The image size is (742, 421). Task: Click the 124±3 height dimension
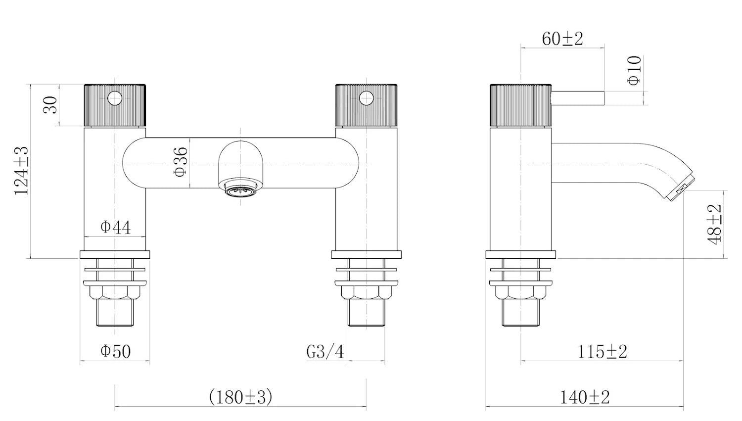point(21,171)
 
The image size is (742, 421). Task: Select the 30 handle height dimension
point(50,105)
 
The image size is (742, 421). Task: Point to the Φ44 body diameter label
point(115,227)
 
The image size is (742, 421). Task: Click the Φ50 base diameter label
point(115,351)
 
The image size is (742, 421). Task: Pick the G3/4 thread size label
point(325,352)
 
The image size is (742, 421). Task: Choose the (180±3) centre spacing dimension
point(240,397)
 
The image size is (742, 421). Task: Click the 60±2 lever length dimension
point(562,39)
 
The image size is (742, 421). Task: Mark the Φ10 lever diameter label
point(634,71)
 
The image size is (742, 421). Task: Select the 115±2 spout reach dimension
point(602,352)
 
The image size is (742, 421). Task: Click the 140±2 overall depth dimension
point(585,397)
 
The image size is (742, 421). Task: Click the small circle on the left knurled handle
point(115,98)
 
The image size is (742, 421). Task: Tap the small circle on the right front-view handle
point(366,98)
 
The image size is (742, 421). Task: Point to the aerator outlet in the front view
point(240,190)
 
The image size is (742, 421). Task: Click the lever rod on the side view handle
point(578,98)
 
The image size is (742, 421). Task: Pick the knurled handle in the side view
point(520,105)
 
